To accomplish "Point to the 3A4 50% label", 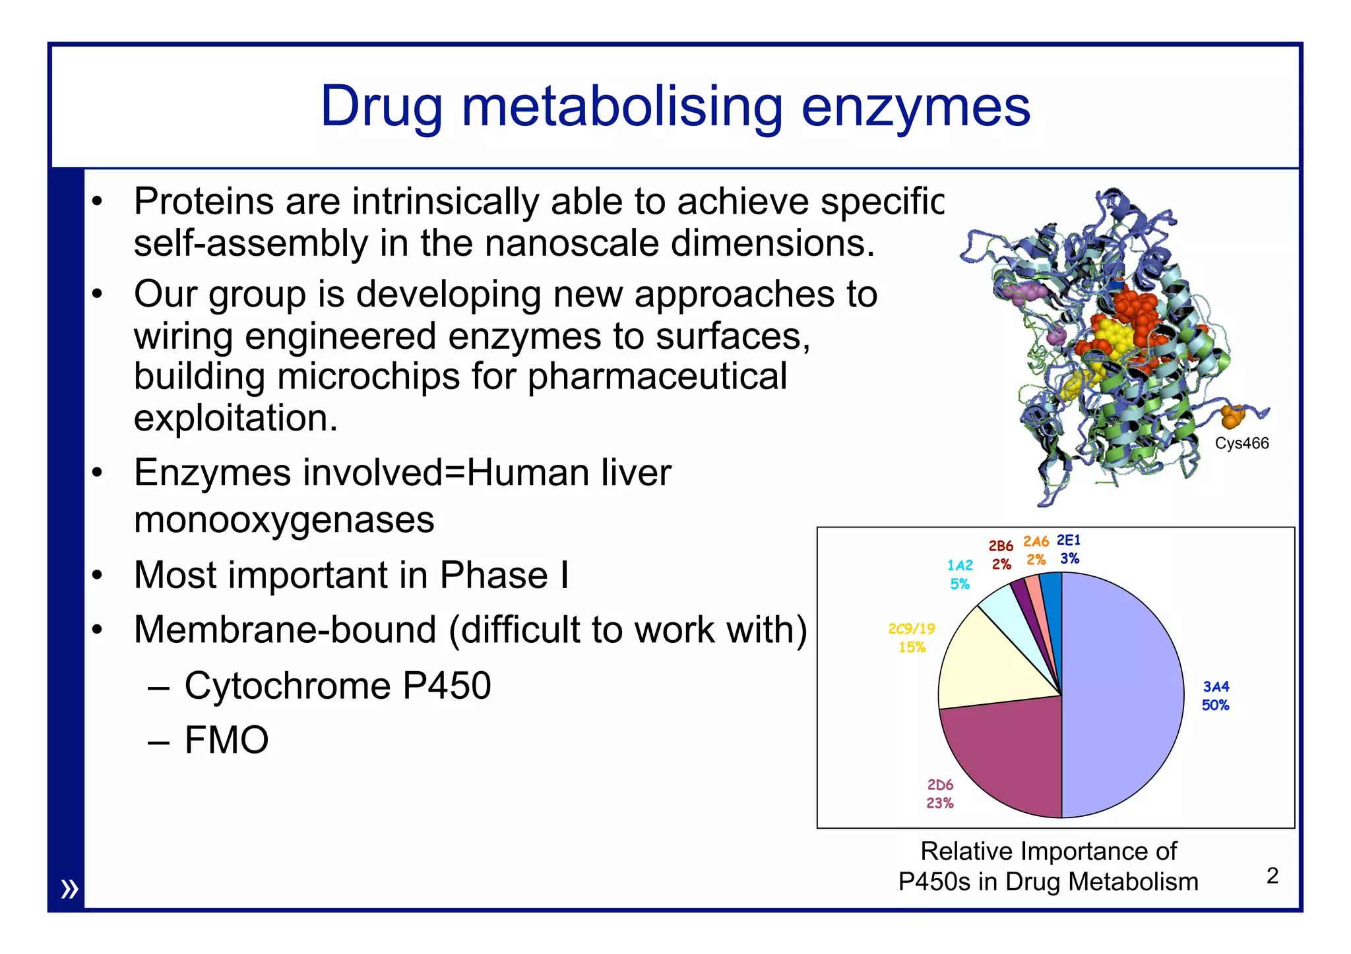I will click(1215, 696).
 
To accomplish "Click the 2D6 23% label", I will click(940, 794).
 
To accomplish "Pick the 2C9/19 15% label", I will click(912, 638).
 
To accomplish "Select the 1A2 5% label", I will click(960, 574).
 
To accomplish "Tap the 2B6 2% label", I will click(1001, 555).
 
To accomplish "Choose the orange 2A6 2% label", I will click(1036, 551).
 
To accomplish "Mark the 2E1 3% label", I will click(1069, 549).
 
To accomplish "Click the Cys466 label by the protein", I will click(1241, 443).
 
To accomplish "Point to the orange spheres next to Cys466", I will click(1231, 417).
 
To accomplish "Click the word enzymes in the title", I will click(916, 107).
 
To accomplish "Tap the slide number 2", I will click(1272, 876).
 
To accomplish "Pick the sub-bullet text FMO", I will click(226, 740).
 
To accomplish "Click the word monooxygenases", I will click(284, 520).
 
